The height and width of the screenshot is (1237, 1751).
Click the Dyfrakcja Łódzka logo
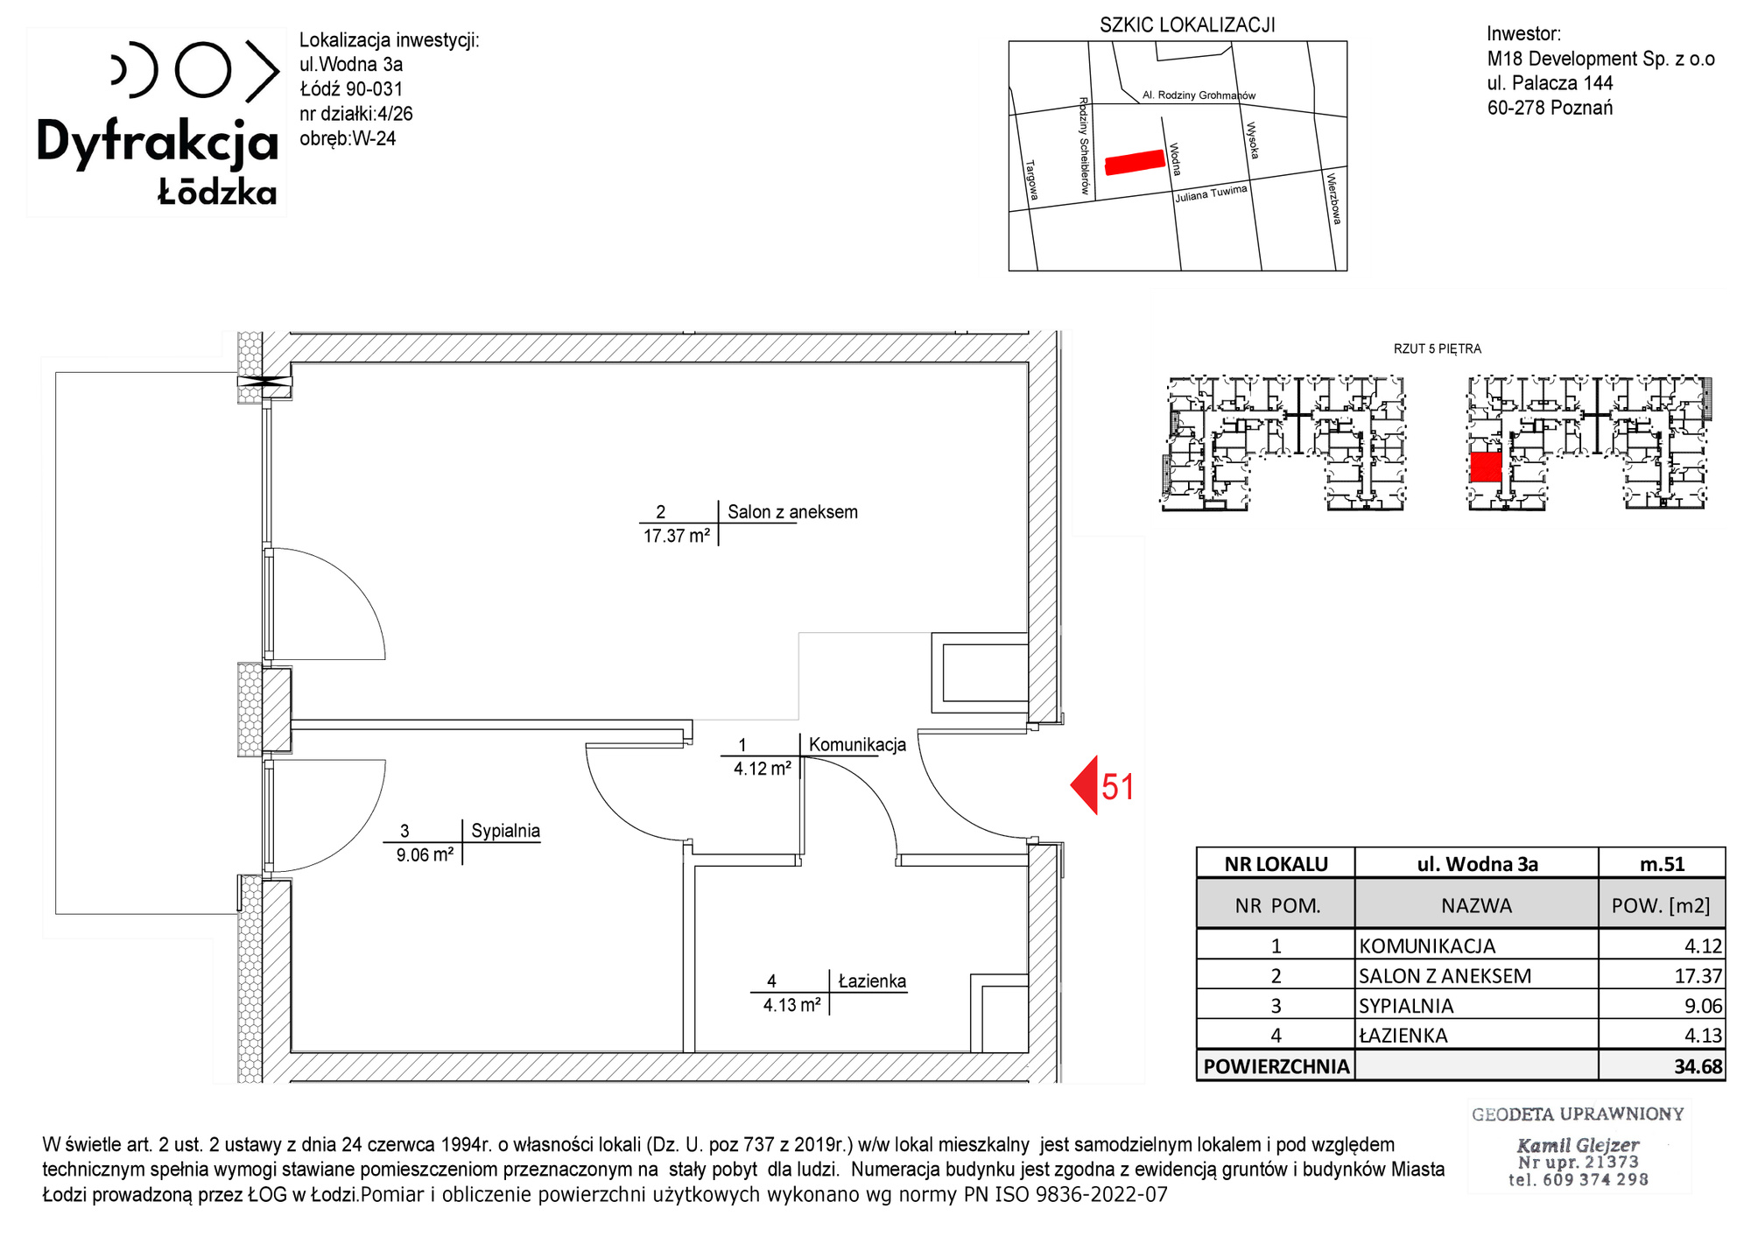coord(157,122)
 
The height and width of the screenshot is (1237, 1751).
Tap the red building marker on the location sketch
coord(1135,162)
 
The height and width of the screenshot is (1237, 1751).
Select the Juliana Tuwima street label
coord(1211,193)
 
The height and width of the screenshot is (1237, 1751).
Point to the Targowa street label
coord(1032,179)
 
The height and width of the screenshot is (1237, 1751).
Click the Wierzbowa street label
coord(1333,199)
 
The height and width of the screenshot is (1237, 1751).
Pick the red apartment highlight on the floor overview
coord(1485,467)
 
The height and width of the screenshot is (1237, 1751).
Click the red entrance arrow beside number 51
coord(1084,785)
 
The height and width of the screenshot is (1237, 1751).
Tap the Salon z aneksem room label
coord(792,512)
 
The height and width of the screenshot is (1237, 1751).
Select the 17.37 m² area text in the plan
coord(677,536)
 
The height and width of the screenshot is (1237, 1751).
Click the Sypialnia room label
coord(505,831)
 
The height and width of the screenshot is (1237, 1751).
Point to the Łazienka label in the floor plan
coord(872,981)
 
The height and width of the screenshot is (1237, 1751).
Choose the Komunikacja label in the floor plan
coord(857,745)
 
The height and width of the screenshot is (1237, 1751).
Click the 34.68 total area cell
coord(1698,1066)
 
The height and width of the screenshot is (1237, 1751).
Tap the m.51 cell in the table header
coord(1662,864)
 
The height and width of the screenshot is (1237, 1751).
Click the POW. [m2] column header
coord(1661,905)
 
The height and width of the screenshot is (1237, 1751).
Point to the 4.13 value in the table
coord(1703,1036)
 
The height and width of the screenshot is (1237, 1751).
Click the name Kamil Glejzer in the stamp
coord(1578,1145)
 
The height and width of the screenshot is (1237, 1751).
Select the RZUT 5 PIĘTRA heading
coord(1438,348)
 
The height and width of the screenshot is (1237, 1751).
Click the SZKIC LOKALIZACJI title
coord(1187,25)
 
